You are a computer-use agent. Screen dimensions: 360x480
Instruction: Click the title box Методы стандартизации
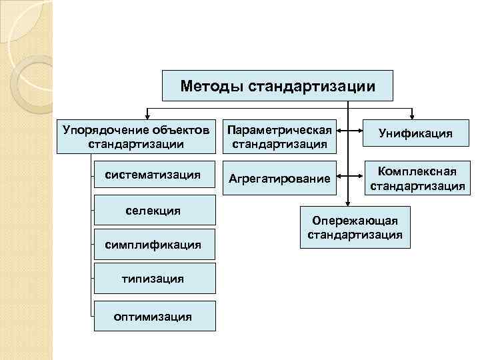278,86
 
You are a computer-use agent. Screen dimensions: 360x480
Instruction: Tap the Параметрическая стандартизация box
279,136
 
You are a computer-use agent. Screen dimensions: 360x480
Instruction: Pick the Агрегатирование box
279,178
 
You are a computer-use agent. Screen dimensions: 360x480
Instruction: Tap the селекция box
154,211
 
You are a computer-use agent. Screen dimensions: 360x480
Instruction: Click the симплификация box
154,245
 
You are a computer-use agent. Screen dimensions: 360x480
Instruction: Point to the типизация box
154,278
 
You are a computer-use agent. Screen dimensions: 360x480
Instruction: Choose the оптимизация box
154,316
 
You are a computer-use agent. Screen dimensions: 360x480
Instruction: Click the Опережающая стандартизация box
355,227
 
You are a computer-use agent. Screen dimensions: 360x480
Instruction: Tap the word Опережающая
355,221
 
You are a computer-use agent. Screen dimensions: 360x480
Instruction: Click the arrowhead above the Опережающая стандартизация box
347,201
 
